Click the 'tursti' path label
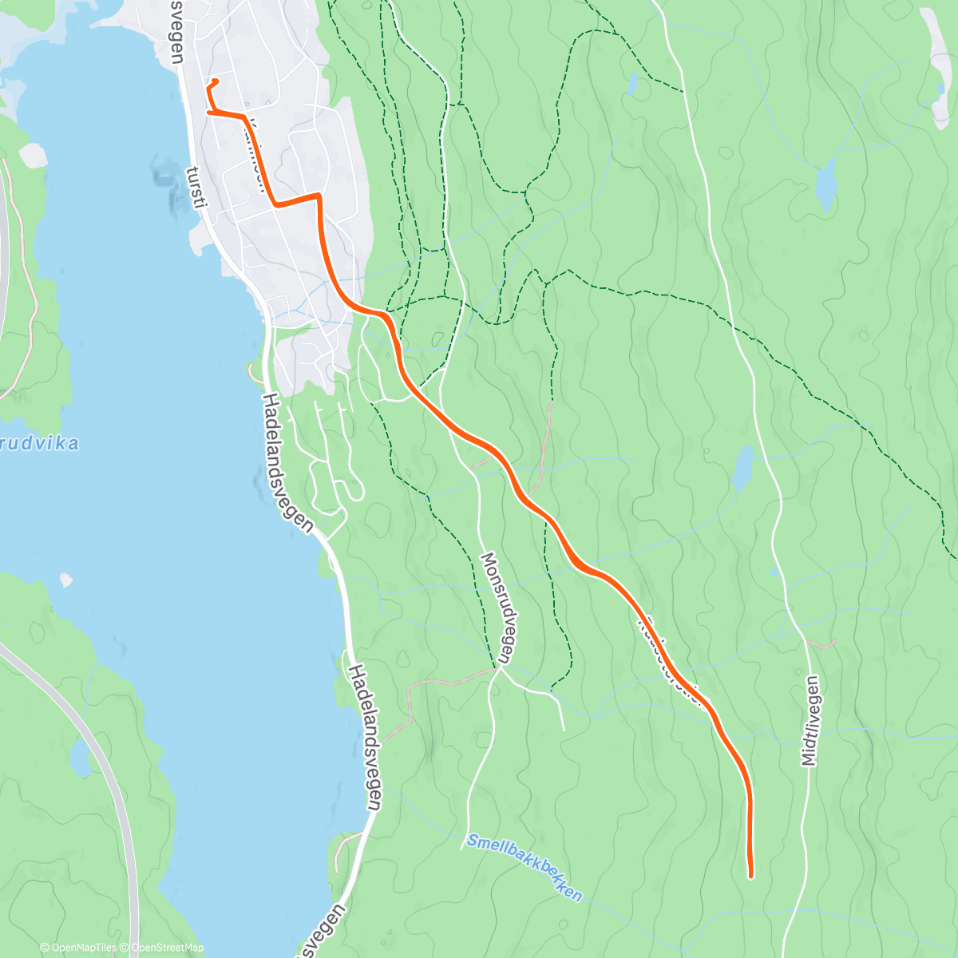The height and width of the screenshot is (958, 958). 196,188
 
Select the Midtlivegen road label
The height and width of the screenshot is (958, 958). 811,721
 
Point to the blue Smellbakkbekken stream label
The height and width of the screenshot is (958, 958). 525,867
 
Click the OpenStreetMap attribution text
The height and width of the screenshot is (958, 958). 167,948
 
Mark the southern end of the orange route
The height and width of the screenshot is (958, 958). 750,876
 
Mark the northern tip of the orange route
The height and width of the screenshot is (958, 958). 216,81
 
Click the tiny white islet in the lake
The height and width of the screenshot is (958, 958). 66,579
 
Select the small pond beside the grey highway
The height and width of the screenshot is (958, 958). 80,758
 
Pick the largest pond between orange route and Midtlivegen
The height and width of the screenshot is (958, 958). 743,468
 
